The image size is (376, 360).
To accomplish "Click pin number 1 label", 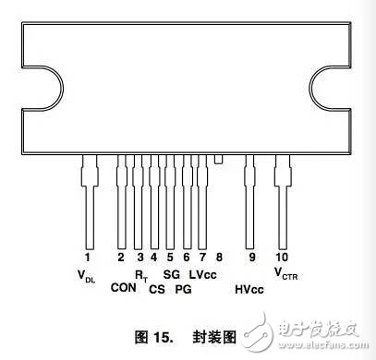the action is click(88, 257).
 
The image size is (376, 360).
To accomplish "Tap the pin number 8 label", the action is click(219, 257).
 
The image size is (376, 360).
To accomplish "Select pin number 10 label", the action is click(282, 257).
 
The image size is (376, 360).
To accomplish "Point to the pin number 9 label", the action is click(252, 257).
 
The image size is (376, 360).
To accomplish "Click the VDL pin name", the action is click(86, 276).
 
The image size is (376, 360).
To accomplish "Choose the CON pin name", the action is click(123, 288).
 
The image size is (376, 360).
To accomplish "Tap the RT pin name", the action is click(141, 276).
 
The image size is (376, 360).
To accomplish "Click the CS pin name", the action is click(157, 289).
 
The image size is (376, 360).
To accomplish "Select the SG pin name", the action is click(172, 274).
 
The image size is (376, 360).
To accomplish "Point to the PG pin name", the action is click(183, 289).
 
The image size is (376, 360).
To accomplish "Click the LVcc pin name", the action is click(202, 274).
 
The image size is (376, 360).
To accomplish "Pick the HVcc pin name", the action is click(249, 289).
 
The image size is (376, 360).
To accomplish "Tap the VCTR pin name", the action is click(285, 274).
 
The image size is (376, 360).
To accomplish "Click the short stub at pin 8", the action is click(218, 159).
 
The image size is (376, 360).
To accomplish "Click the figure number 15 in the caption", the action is click(162, 338).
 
